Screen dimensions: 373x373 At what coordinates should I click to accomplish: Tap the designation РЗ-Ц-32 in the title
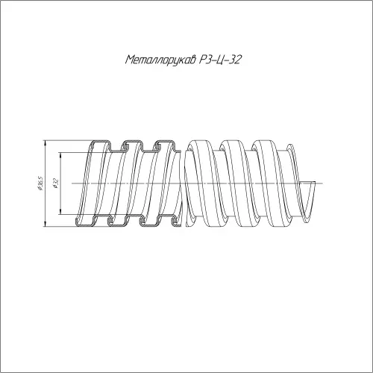(219, 60)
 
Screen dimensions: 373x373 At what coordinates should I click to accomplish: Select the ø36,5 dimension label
(41, 184)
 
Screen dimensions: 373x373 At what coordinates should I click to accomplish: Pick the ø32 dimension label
(55, 184)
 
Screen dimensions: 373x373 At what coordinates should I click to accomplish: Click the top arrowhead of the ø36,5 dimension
(45, 143)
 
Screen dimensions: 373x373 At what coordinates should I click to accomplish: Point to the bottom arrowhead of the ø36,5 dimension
(45, 224)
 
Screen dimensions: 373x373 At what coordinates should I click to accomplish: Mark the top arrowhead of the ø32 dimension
(61, 155)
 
